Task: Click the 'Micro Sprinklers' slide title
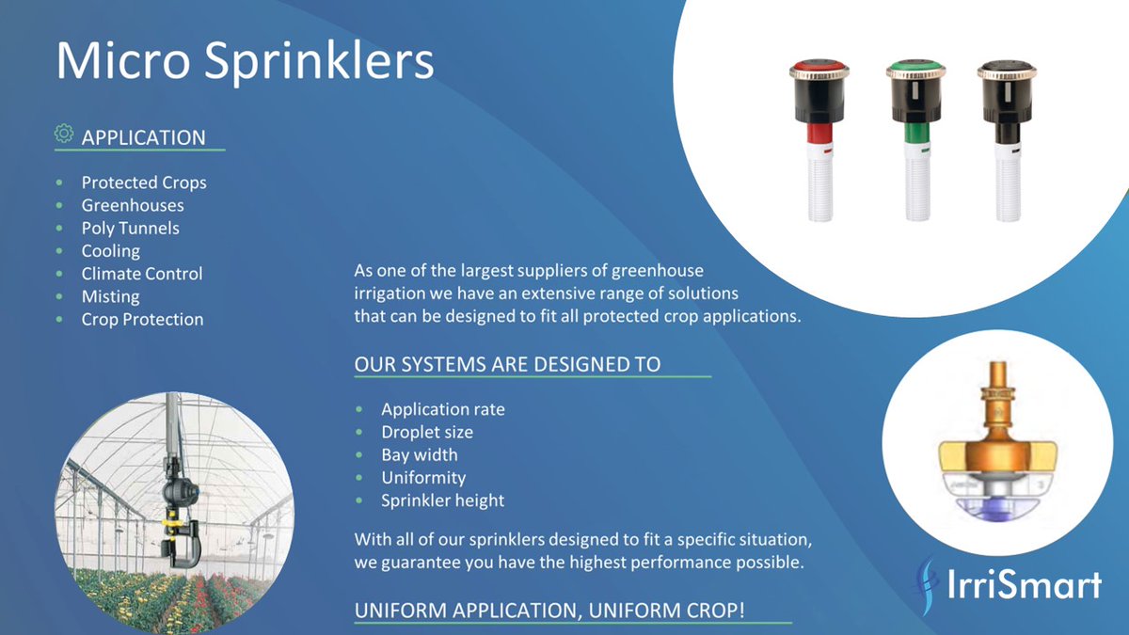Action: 245,61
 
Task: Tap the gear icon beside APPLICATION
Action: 64,134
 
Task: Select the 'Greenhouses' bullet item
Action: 133,205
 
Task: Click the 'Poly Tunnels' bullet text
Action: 130,228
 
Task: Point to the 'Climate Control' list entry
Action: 142,274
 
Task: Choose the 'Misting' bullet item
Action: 110,296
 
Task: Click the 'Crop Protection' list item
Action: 142,319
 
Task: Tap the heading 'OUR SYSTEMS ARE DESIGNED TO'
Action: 507,364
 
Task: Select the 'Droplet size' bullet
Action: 427,432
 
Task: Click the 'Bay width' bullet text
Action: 420,454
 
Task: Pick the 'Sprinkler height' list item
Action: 443,500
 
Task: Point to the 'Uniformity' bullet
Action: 423,477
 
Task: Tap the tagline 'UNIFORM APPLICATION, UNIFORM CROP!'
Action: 549,610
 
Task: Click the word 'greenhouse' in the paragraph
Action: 658,270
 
